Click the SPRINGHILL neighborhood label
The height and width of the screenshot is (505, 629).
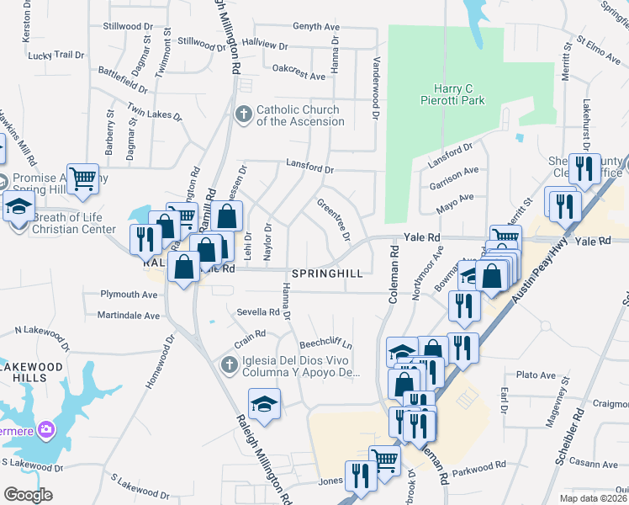coord(327,274)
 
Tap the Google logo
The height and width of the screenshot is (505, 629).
coord(28,494)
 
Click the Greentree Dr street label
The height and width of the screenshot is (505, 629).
coord(333,218)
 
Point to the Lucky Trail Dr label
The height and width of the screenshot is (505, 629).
coord(56,55)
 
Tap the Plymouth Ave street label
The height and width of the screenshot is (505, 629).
coord(129,295)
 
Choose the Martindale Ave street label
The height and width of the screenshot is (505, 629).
coord(128,316)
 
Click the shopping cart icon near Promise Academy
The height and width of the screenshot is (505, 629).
coord(82,178)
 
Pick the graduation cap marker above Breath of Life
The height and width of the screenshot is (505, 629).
coord(18,205)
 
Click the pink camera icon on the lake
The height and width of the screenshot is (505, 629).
coord(46,430)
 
